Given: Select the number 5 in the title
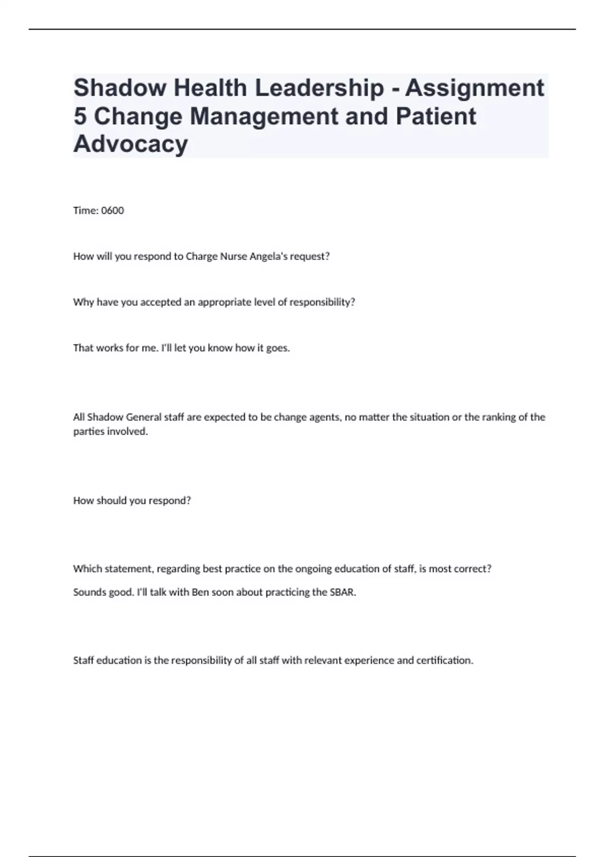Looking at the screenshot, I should (x=80, y=116).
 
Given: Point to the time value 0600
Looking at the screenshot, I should (x=112, y=211).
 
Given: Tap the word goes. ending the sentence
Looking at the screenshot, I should (x=278, y=348).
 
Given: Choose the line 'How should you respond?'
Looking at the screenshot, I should (x=132, y=501).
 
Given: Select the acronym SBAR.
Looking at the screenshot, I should (x=343, y=592).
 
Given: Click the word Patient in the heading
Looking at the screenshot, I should (x=436, y=116).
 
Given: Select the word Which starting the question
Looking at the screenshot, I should (x=86, y=569).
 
